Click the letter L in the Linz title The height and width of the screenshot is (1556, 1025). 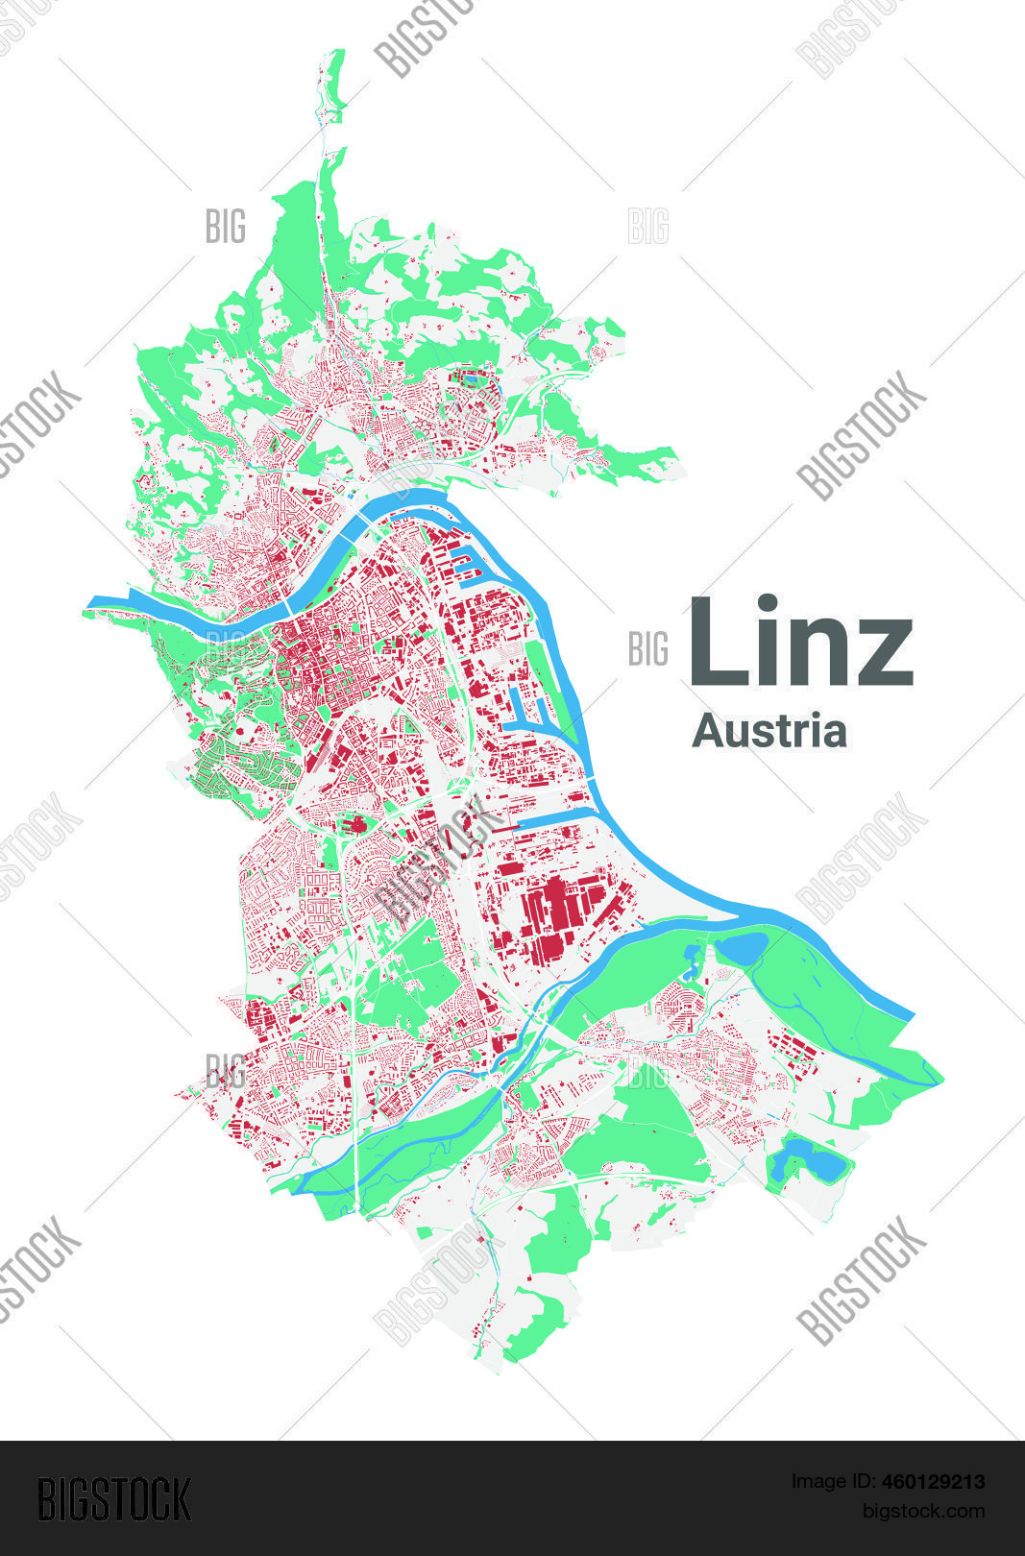[716, 641]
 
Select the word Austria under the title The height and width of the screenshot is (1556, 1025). [769, 731]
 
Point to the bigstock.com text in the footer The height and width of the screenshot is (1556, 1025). [923, 1511]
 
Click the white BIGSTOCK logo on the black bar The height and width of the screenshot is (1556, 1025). [114, 1498]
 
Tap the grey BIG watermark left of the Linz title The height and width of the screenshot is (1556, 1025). [647, 649]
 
